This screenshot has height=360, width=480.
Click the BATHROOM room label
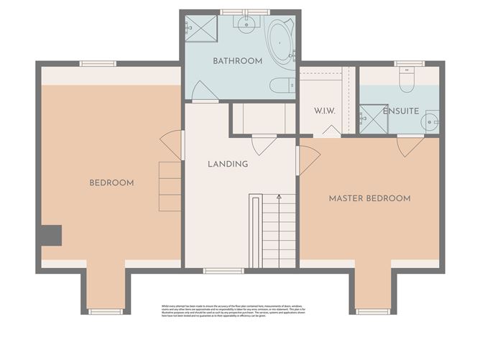tap(237, 61)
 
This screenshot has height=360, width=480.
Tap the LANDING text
tap(228, 164)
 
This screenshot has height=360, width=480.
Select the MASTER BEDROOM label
tap(369, 198)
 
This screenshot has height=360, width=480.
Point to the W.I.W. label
tap(325, 111)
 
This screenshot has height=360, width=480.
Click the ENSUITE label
tap(400, 111)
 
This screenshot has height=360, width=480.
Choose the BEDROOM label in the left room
tap(111, 183)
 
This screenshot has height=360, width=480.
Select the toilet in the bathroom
tap(282, 86)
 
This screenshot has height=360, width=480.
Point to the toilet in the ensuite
tap(407, 81)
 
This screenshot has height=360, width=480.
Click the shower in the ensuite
tap(373, 119)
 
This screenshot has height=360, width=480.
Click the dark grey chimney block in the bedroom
tap(51, 235)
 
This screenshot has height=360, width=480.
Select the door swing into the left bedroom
tap(172, 144)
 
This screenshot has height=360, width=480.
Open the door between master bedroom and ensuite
tap(410, 146)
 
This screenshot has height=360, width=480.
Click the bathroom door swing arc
tap(204, 91)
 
